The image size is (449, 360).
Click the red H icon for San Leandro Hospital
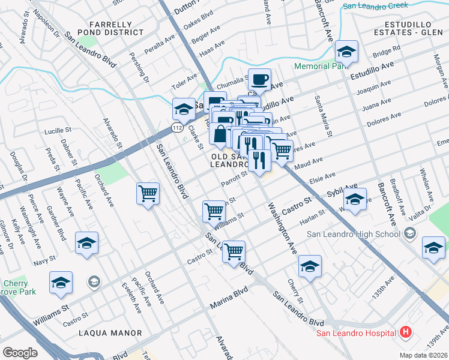[406, 332]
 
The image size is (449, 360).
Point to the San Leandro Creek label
[376, 6]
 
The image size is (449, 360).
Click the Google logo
[20, 353]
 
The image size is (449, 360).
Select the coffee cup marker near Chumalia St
[259, 79]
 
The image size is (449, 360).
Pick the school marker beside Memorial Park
[346, 52]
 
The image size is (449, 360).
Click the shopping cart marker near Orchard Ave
[148, 194]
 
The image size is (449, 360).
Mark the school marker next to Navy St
[86, 243]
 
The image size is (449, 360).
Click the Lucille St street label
[58, 130]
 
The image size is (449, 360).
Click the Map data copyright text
[424, 355]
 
